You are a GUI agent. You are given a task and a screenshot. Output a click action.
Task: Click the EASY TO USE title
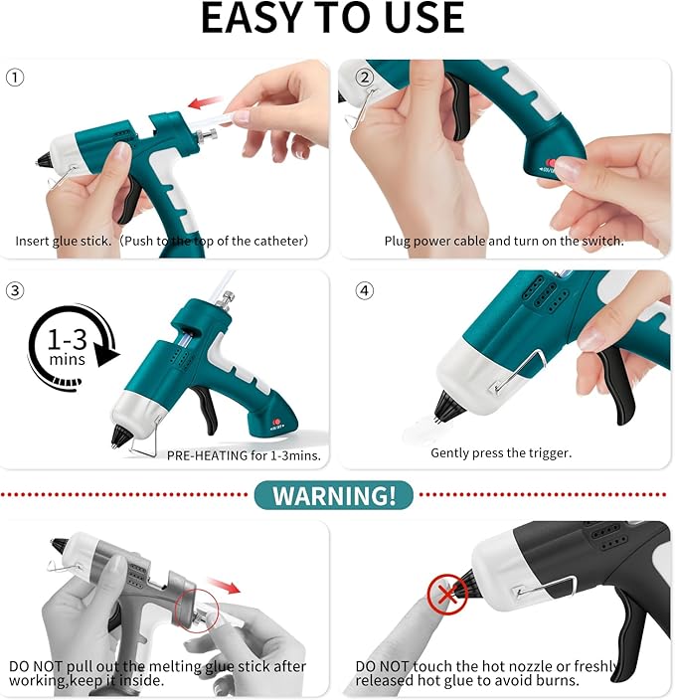333,19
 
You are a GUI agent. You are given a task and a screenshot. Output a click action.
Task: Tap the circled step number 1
15,77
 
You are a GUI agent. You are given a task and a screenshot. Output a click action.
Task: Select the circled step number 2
364,77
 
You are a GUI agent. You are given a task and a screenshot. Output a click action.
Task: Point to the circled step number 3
15,290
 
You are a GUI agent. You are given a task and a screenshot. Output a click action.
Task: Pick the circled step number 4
364,290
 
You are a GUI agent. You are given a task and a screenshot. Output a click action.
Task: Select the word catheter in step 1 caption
276,241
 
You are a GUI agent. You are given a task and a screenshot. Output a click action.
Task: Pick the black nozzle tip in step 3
121,436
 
